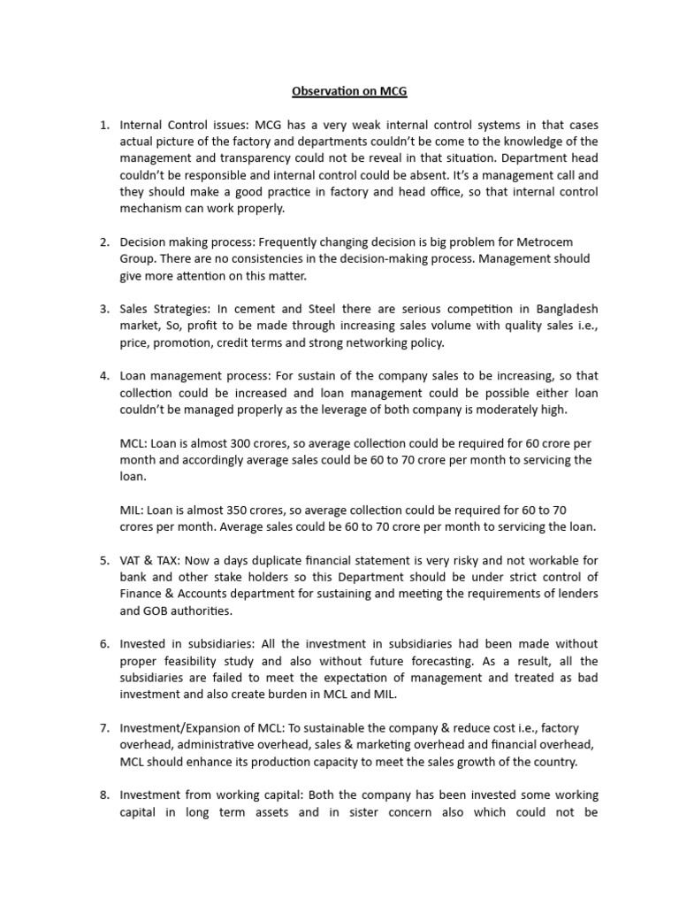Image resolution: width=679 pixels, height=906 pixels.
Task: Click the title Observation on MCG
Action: tap(339, 90)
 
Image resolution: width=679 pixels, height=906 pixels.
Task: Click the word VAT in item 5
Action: tap(133, 561)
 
